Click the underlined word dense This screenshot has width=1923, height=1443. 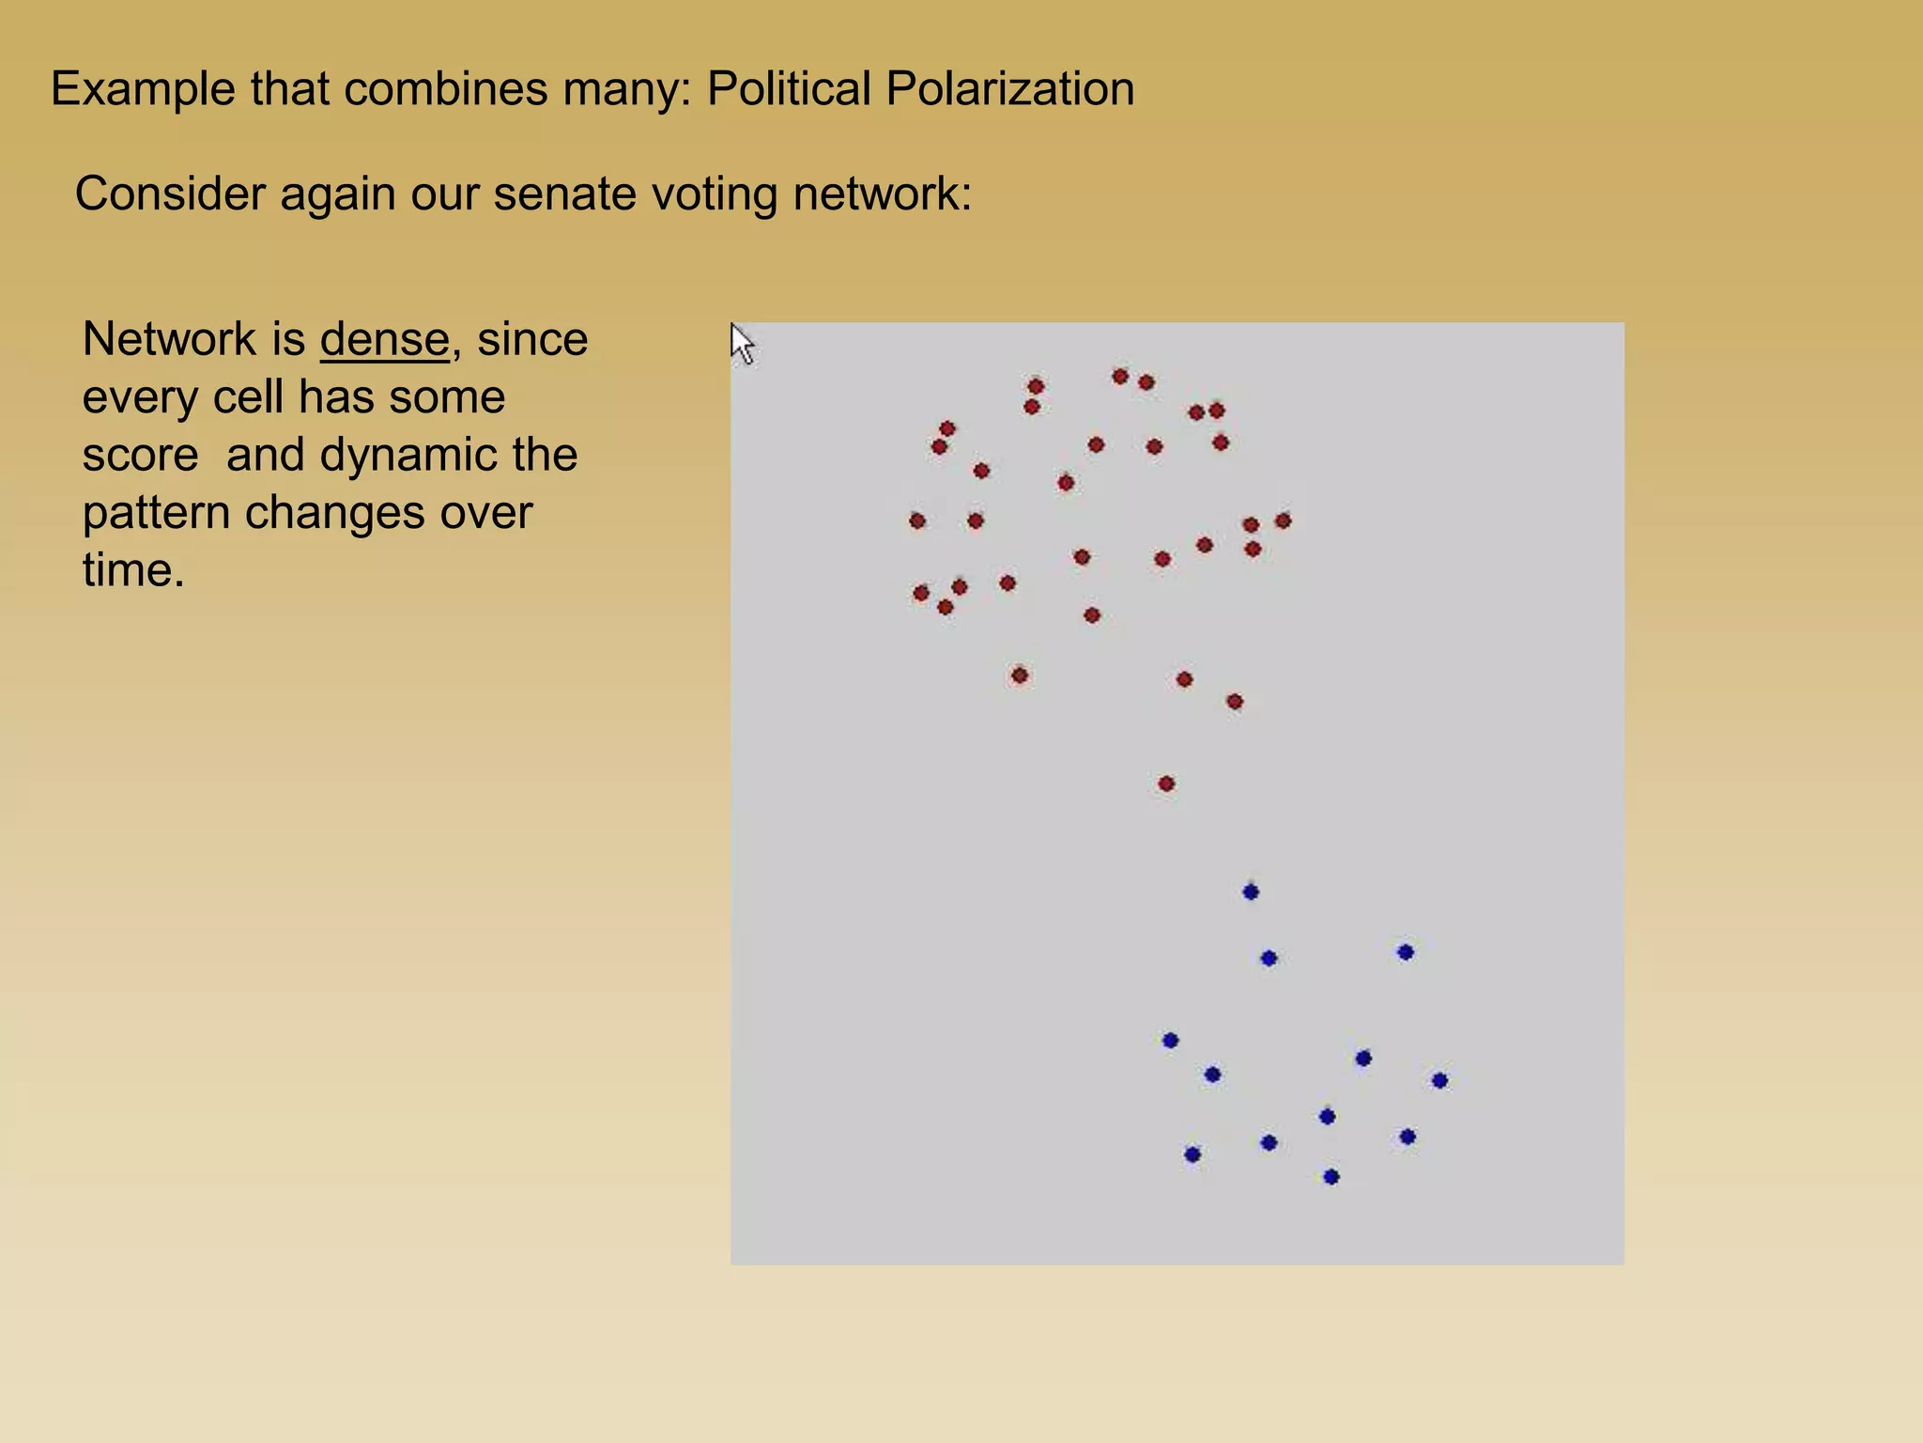(x=384, y=339)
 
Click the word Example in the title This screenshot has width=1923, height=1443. (x=143, y=89)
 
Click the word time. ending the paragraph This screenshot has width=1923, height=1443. (x=133, y=570)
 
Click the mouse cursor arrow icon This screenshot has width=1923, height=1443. (x=741, y=344)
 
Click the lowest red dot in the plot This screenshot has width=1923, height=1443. (x=1166, y=784)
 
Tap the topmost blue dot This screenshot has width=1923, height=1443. (x=1251, y=892)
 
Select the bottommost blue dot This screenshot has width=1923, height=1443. (x=1331, y=1176)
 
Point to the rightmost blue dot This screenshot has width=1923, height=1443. (x=1439, y=1080)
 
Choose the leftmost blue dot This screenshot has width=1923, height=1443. (x=1170, y=1040)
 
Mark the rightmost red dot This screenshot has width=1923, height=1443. (x=1284, y=520)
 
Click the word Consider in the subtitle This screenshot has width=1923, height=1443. (x=170, y=194)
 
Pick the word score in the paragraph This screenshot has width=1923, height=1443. (x=140, y=455)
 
